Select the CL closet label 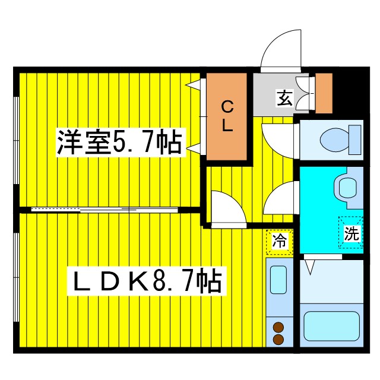227,116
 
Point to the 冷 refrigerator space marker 279,242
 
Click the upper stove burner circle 277,326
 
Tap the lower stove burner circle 277,339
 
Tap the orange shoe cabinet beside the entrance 324,93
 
